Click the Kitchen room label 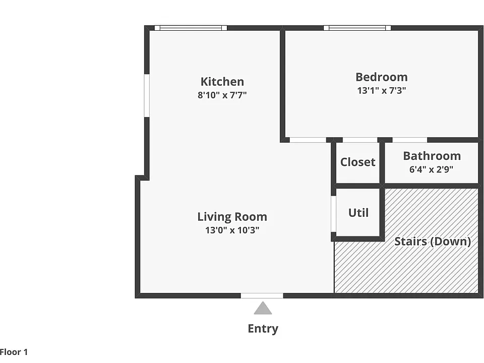click(x=222, y=82)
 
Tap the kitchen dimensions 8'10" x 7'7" click(x=222, y=95)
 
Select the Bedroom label click(x=382, y=77)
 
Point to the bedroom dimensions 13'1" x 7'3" click(x=382, y=90)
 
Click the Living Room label click(x=232, y=217)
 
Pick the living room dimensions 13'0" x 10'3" click(x=232, y=230)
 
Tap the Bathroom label click(x=432, y=156)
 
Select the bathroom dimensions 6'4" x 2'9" click(x=431, y=169)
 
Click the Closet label click(x=358, y=162)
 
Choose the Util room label click(x=358, y=213)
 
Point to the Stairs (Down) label click(x=433, y=241)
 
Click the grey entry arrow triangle click(x=263, y=309)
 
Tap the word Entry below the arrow click(x=263, y=328)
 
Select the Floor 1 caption click(x=14, y=352)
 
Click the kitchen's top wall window click(x=191, y=28)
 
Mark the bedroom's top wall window click(x=357, y=28)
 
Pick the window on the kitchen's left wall click(x=147, y=95)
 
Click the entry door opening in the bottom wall click(x=262, y=296)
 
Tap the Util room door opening click(x=333, y=214)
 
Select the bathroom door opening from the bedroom click(x=409, y=140)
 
